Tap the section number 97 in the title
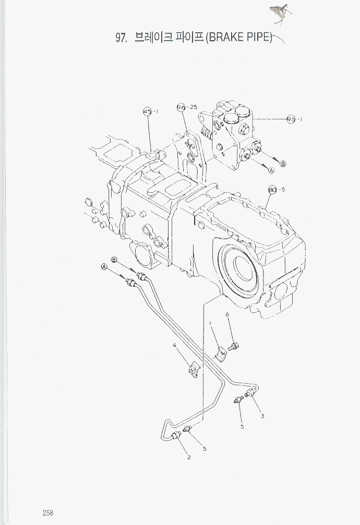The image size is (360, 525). coord(121,38)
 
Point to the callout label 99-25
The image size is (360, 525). coord(186,107)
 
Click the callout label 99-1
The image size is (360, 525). coord(295,119)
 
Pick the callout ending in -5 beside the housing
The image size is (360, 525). coord(276,189)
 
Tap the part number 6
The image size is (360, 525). coord(228,314)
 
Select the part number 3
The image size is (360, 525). coord(262,416)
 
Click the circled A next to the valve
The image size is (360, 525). coord(271,170)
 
